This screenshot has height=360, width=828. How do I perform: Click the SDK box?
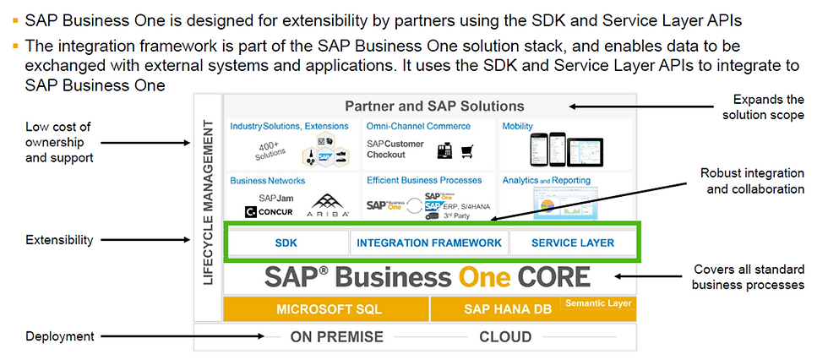[x=286, y=243]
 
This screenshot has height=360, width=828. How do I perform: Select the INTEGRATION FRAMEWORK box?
[x=429, y=243]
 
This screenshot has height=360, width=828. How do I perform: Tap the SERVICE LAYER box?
[x=573, y=243]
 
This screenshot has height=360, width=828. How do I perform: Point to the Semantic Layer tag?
[x=597, y=303]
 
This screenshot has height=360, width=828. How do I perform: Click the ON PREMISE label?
[x=336, y=337]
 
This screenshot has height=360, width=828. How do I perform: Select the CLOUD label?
[x=505, y=337]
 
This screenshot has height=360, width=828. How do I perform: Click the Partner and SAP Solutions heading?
[x=434, y=106]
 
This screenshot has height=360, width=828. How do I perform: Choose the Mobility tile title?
[x=518, y=126]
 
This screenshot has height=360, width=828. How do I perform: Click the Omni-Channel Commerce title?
[x=419, y=126]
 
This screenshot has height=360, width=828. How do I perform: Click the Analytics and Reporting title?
[x=547, y=180]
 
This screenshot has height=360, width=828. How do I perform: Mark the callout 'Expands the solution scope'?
[x=770, y=106]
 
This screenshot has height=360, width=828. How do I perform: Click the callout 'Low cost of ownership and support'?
[x=59, y=142]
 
